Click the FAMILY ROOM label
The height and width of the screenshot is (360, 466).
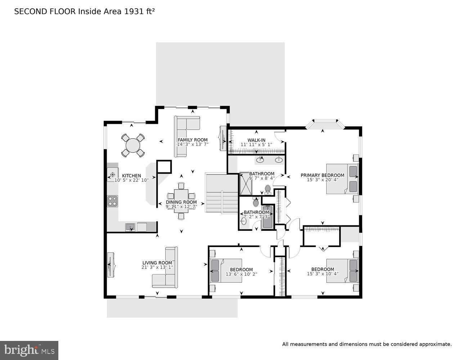coord(193,140)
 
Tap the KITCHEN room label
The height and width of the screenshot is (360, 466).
coord(131,176)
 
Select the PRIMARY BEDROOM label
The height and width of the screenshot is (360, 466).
coord(322,175)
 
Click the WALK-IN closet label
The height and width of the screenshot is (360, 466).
coord(256,140)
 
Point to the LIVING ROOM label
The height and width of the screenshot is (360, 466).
coord(157,263)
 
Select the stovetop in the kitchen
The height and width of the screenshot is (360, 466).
coord(112,201)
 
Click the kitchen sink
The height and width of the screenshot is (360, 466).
coord(130,227)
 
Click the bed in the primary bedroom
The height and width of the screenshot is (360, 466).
coord(342,179)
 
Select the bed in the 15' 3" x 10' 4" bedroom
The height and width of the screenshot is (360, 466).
coord(342,270)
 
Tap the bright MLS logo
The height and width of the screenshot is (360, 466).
coord(29,350)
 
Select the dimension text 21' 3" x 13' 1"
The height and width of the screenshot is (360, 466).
coord(157,267)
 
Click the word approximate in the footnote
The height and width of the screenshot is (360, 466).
coord(435,344)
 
